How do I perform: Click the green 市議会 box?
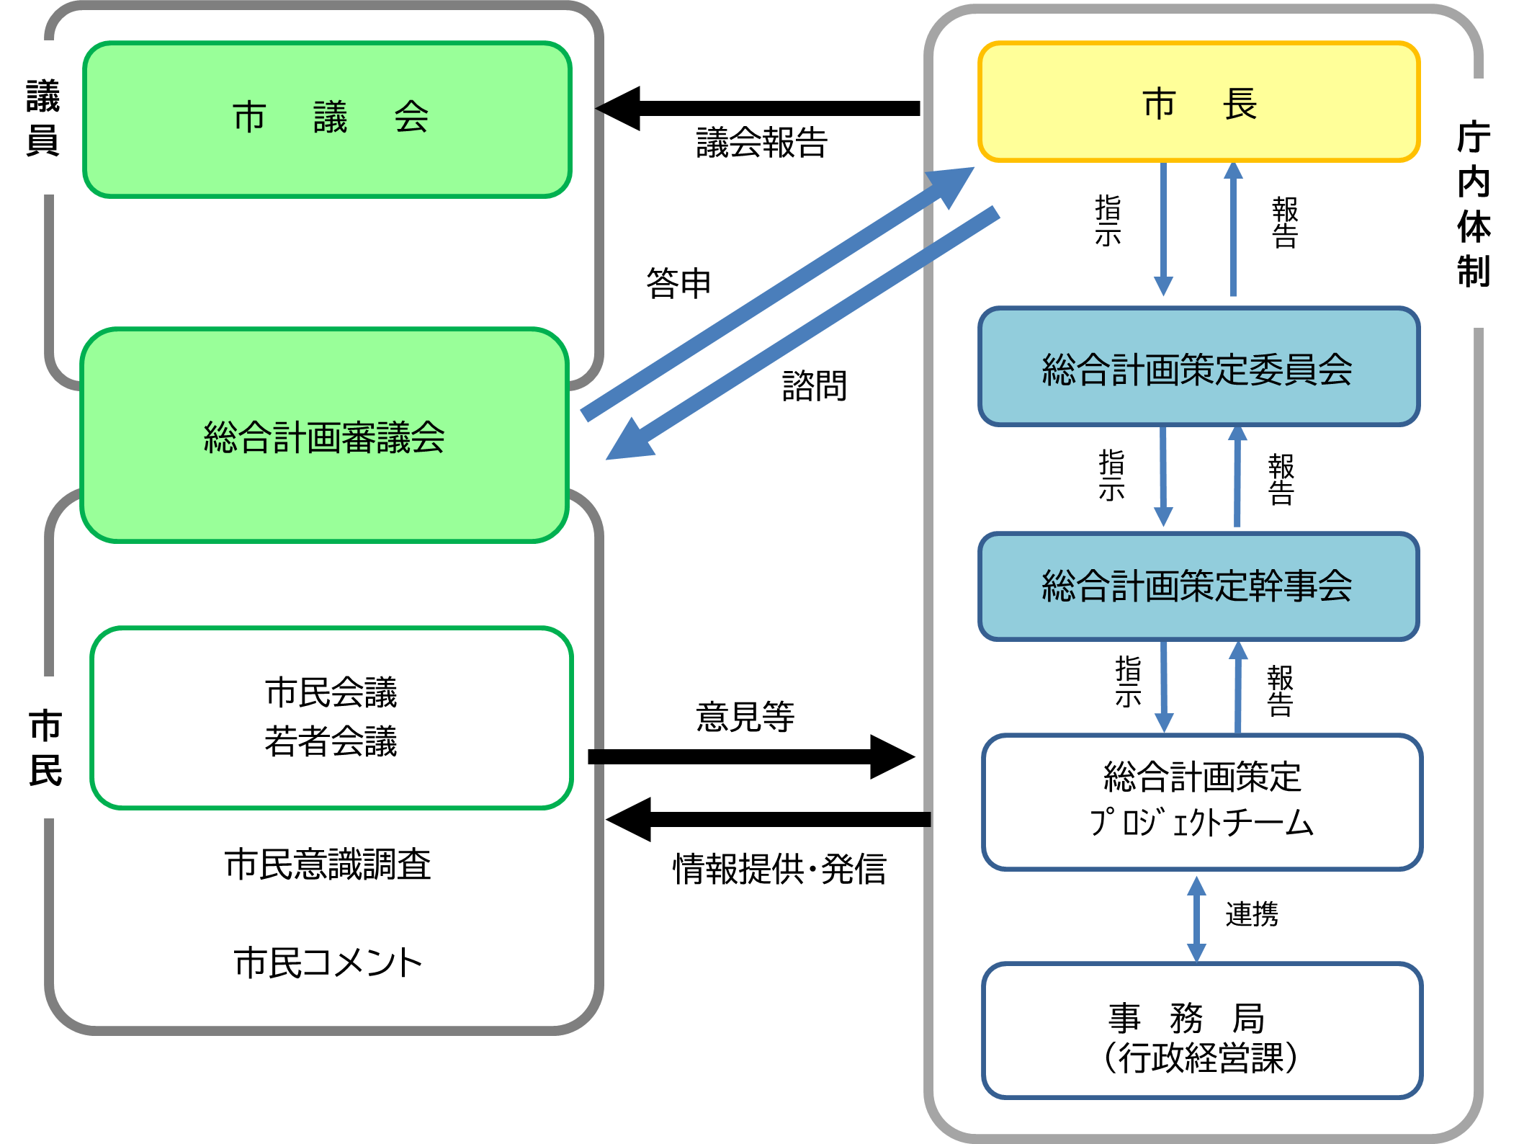pos(328,119)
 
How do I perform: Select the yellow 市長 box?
pos(1198,102)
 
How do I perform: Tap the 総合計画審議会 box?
pos(324,436)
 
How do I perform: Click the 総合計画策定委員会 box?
pos(1198,367)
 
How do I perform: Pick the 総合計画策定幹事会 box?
pos(1198,586)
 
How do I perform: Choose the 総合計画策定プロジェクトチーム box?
pos(1201,801)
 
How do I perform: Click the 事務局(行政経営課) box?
pos(1201,1031)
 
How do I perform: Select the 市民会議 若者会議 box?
pos(331,718)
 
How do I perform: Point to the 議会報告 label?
pos(761,143)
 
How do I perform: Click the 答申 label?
pos(678,283)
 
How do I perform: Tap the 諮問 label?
pos(815,386)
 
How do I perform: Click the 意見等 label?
pos(745,717)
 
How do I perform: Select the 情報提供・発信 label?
pos(779,869)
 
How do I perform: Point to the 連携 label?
pos(1252,915)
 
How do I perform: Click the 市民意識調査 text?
pos(328,864)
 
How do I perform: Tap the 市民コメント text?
pos(328,962)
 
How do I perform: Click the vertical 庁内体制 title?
pos(1474,204)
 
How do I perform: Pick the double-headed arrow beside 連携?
pos(1196,919)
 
